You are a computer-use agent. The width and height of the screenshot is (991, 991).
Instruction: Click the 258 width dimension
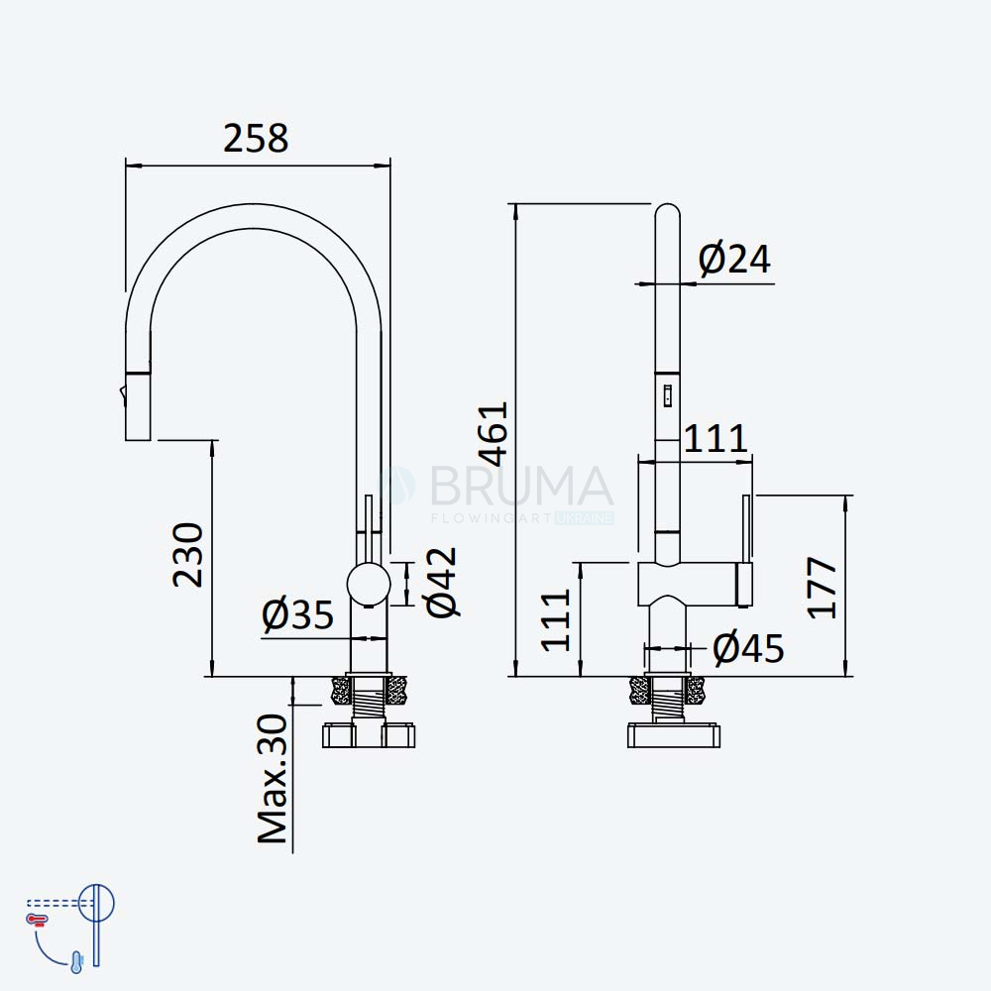(256, 138)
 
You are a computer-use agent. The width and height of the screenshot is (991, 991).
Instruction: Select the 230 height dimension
(188, 555)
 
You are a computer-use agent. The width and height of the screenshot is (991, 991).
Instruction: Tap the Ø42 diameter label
(442, 582)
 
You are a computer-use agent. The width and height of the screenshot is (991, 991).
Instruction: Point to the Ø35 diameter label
(297, 613)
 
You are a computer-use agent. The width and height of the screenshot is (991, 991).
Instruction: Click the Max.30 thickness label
(273, 779)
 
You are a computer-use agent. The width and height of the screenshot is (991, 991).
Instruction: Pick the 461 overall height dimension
(493, 434)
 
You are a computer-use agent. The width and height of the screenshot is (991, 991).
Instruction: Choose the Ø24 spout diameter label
(734, 259)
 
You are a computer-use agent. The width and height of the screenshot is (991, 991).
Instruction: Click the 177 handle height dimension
(823, 587)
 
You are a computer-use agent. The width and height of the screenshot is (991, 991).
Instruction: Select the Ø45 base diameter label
(748, 648)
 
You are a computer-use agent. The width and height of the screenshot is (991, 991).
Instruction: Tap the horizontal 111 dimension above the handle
(716, 438)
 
